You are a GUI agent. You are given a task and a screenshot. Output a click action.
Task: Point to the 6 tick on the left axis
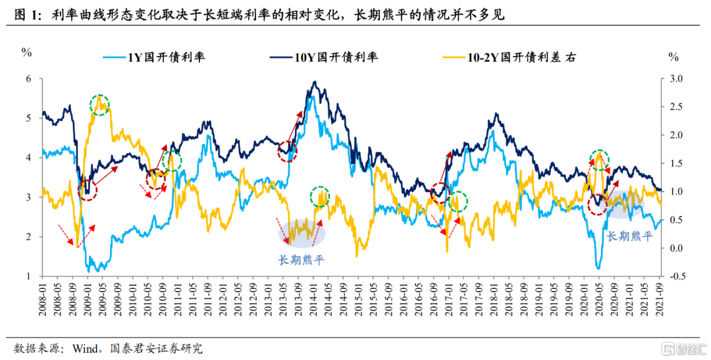pyautogui.click(x=28, y=79)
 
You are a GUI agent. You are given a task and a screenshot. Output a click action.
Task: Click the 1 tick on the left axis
pyautogui.click(x=28, y=276)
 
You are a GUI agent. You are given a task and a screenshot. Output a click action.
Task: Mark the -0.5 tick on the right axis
pyautogui.click(x=674, y=276)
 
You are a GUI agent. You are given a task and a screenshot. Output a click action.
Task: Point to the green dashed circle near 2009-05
pyautogui.click(x=99, y=104)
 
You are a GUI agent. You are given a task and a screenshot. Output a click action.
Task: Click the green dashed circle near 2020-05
pyautogui.click(x=599, y=159)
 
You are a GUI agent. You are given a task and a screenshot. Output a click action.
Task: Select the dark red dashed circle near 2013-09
pyautogui.click(x=287, y=151)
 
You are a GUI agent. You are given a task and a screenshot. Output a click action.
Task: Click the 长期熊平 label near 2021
pyautogui.click(x=629, y=236)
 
